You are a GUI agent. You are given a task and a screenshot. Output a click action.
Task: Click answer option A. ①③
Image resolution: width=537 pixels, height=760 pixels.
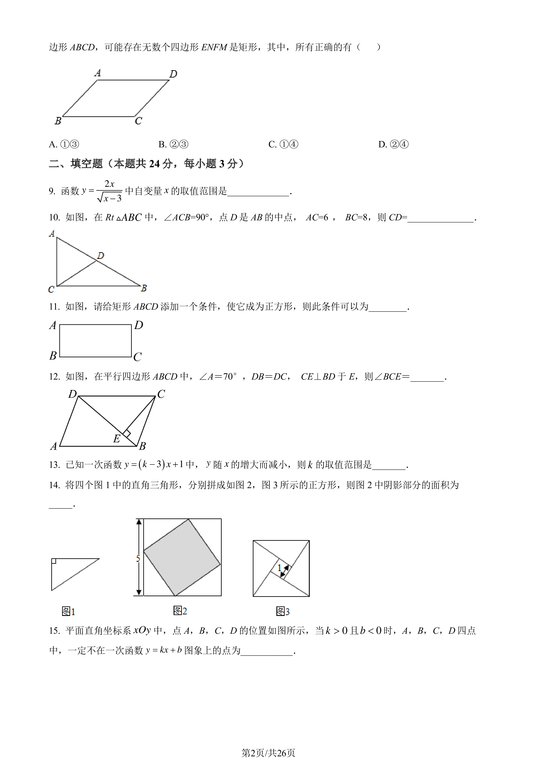(64, 144)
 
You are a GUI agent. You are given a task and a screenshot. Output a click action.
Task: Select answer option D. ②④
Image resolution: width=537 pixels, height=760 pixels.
(393, 144)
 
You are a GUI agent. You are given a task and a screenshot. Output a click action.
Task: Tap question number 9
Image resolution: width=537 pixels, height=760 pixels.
(52, 191)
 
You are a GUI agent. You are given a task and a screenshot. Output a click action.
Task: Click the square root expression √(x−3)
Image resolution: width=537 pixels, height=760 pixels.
(110, 198)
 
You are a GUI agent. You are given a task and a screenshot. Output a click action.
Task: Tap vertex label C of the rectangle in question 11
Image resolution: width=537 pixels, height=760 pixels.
(138, 357)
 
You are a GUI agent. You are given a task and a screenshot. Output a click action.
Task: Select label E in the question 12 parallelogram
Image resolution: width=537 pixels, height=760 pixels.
(116, 439)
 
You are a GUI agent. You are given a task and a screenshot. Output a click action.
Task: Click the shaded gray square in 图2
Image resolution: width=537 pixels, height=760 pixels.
(182, 557)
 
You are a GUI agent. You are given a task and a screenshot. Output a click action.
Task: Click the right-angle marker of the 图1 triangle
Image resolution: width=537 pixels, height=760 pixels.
(53, 561)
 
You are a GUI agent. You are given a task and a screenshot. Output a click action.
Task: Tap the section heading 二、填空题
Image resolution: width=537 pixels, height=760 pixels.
(76, 164)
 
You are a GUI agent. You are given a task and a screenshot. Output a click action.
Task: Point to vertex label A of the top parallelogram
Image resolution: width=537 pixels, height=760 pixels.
(98, 73)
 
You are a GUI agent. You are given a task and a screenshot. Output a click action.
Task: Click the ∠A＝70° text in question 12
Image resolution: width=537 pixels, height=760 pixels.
(218, 377)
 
